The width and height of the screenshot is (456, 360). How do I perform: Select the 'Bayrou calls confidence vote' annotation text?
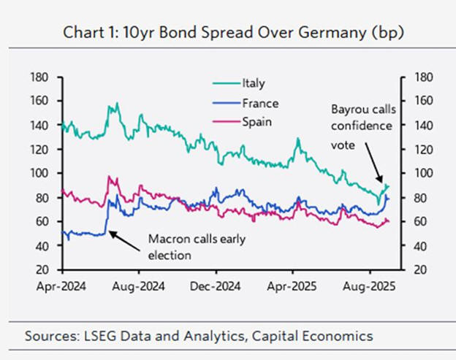point(363,127)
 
